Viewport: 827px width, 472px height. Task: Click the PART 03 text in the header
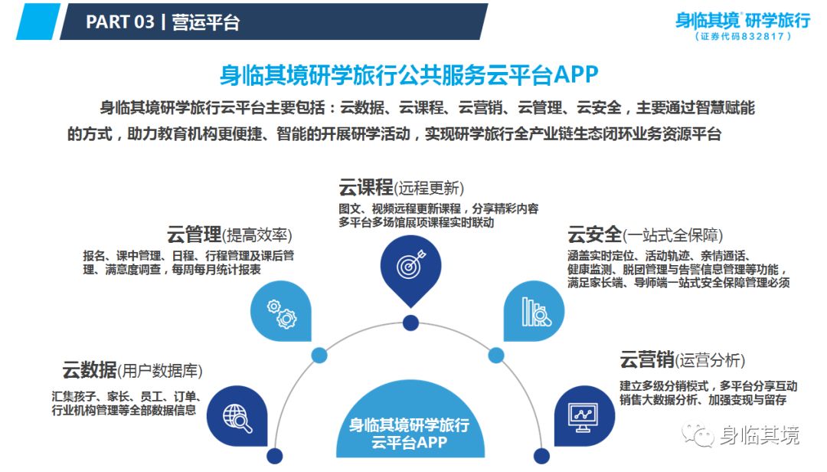click(x=120, y=22)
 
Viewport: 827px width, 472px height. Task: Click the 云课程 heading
click(x=366, y=188)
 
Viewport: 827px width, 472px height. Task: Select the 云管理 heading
click(x=194, y=234)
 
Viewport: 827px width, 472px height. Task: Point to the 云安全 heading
click(x=594, y=234)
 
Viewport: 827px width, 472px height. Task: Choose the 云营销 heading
click(x=647, y=360)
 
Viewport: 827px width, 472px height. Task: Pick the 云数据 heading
click(x=90, y=370)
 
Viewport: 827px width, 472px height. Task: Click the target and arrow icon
click(x=411, y=264)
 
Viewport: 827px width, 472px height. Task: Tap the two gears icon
click(x=282, y=314)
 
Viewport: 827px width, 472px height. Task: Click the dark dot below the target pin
click(x=411, y=323)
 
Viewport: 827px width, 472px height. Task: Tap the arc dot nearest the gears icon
click(x=319, y=356)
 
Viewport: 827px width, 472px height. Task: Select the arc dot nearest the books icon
click(x=495, y=356)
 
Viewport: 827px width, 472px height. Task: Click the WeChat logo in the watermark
click(x=698, y=434)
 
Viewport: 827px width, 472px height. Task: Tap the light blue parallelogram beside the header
click(x=38, y=21)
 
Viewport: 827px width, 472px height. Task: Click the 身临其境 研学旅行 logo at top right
click(x=743, y=25)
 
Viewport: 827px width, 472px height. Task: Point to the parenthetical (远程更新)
click(x=430, y=188)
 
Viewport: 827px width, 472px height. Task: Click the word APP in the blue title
click(x=575, y=74)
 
